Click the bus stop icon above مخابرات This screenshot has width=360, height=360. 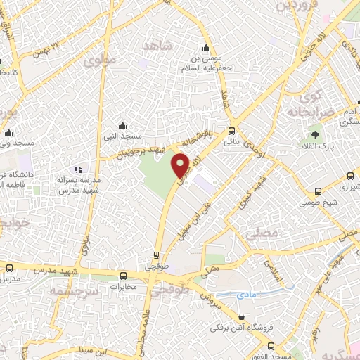124,276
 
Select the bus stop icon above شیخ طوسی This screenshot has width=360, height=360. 319,191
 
